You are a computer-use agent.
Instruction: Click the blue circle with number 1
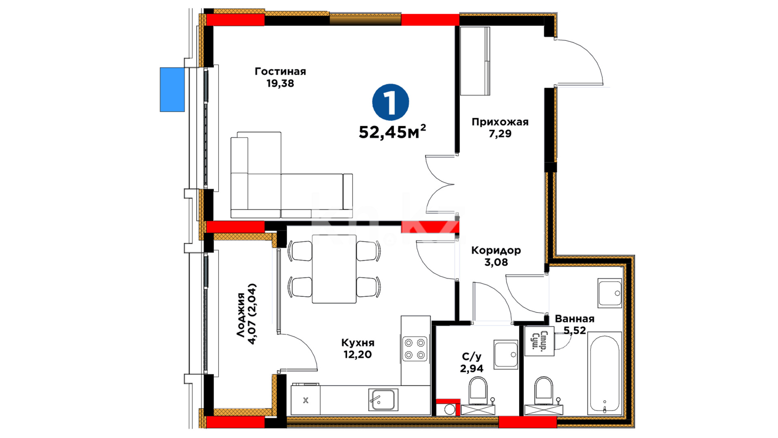[391, 102]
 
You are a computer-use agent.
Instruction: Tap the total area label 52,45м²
[392, 131]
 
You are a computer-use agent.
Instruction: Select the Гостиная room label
[280, 71]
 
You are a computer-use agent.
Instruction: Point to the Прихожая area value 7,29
[500, 133]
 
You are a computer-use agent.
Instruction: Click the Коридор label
[496, 251]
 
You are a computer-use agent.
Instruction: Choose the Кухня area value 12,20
[357, 354]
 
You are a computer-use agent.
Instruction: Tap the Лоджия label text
[241, 315]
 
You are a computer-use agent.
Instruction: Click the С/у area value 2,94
[472, 368]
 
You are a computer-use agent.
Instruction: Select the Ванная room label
[575, 319]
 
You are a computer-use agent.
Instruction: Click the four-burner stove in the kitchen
[415, 349]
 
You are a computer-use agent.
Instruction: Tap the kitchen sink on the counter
[383, 400]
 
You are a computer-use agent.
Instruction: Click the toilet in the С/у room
[478, 391]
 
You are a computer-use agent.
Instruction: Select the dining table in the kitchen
[334, 269]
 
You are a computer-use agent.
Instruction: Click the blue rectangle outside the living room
[172, 90]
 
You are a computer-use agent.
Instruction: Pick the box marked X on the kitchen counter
[306, 400]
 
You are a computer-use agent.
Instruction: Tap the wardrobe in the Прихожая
[475, 61]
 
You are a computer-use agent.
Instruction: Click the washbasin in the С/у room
[506, 354]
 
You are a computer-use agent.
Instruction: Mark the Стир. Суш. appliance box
[539, 341]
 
